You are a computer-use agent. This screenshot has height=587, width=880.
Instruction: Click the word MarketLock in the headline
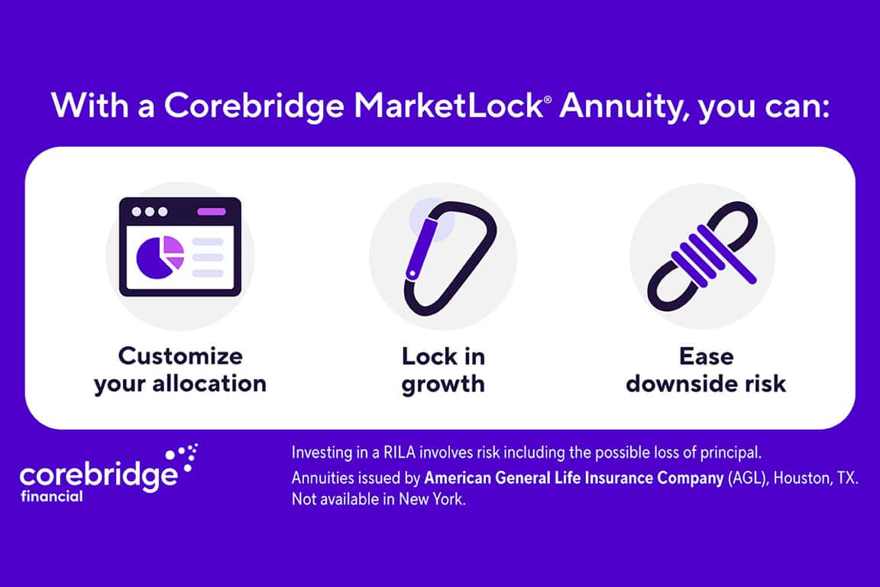tap(448, 105)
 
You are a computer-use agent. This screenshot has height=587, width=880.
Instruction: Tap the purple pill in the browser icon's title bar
tap(212, 212)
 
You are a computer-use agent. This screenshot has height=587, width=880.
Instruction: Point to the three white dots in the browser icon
tap(149, 212)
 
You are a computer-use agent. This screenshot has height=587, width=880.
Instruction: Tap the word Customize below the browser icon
tap(180, 357)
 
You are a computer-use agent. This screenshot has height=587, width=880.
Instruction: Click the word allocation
tap(209, 384)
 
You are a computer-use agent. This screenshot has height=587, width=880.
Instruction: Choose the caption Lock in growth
tap(443, 371)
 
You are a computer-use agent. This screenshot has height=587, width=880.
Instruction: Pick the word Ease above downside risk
tap(706, 357)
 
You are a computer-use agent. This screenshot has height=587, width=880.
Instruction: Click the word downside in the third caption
tap(679, 384)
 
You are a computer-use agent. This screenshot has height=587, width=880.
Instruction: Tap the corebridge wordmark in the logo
tap(99, 476)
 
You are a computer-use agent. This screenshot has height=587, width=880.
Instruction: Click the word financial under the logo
tap(52, 497)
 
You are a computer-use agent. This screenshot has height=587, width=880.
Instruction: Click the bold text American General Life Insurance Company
tap(574, 478)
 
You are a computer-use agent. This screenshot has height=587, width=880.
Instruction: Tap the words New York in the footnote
tap(432, 499)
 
